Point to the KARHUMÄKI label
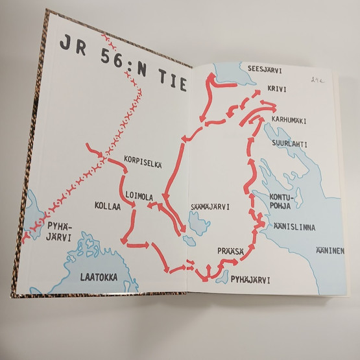(x=289, y=121)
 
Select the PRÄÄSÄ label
(x=231, y=249)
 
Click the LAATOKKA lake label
(x=99, y=277)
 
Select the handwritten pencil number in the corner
(x=317, y=80)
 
